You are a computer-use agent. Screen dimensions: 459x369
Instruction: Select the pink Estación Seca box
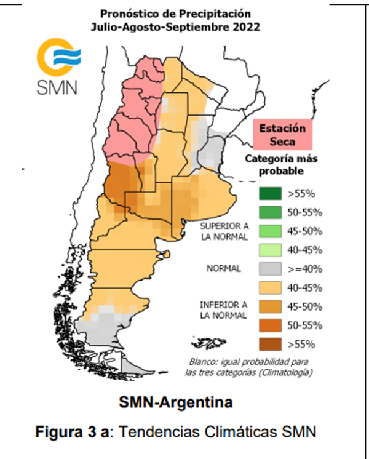282,135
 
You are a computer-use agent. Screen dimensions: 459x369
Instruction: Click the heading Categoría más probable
282,164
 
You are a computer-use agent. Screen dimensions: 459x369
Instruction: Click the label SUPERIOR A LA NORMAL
224,231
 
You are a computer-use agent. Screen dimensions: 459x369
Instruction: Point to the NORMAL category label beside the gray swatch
224,269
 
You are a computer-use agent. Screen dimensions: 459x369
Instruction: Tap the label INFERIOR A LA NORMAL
224,310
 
